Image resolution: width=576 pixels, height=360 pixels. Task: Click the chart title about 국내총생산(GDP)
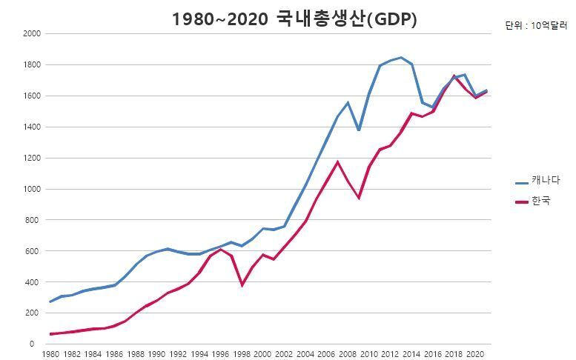coord(294,20)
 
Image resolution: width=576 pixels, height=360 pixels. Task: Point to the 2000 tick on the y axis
coord(32,34)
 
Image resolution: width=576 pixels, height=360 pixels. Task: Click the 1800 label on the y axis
coord(32,65)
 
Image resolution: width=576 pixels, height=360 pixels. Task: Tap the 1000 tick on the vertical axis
coord(32,190)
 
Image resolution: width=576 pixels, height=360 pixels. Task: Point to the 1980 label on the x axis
coord(50,354)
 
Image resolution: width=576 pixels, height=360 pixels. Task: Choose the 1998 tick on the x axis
coord(242,354)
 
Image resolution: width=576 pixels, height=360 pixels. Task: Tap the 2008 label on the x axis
coord(348,354)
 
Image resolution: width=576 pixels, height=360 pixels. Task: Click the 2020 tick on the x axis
coord(475,354)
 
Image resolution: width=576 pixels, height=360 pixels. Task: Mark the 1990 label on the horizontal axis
coord(156,354)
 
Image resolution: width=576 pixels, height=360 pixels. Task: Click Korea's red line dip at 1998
coord(242,285)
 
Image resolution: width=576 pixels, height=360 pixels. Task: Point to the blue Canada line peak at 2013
coord(401,57)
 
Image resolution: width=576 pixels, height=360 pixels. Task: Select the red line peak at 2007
coord(337,161)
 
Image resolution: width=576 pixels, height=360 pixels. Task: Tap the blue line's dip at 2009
coord(359,130)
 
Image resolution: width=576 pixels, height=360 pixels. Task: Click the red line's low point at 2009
coord(359,198)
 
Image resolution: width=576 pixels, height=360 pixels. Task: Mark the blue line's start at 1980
coord(50,302)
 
